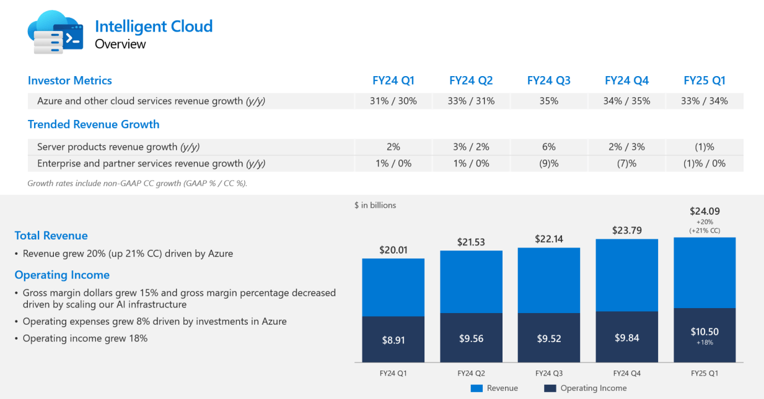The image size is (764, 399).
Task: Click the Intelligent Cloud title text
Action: click(154, 26)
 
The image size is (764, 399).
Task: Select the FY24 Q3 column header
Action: click(548, 80)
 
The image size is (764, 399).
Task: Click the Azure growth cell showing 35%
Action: click(548, 101)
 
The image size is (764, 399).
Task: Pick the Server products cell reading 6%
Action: click(548, 147)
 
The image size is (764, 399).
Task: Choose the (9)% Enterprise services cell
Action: click(548, 163)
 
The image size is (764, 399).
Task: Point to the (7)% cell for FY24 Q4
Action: click(626, 163)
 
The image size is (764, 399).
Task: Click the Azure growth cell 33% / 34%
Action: click(705, 101)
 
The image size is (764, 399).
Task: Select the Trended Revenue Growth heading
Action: click(94, 124)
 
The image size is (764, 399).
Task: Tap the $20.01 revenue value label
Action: click(393, 250)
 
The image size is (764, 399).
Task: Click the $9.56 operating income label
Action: click(471, 338)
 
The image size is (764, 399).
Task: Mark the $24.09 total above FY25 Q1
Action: click(705, 211)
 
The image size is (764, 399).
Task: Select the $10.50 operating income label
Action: click(705, 332)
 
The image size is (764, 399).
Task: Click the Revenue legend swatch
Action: click(476, 388)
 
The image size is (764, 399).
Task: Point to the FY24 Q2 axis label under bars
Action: click(471, 373)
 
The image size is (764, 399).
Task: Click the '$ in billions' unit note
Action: click(375, 205)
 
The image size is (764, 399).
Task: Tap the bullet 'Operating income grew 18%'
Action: click(85, 338)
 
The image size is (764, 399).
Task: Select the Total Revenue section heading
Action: click(51, 236)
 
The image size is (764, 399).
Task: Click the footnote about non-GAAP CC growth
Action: click(138, 183)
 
